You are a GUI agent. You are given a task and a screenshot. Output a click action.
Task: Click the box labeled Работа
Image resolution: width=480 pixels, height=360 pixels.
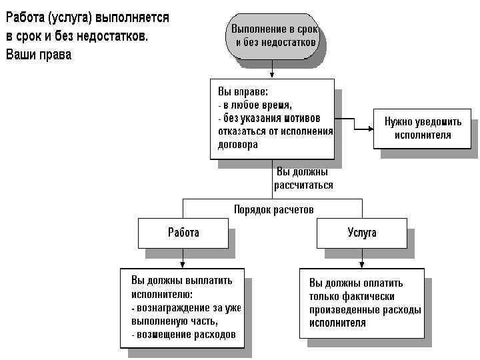click(183, 233)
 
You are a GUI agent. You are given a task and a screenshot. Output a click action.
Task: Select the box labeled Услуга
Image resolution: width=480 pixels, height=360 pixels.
click(361, 233)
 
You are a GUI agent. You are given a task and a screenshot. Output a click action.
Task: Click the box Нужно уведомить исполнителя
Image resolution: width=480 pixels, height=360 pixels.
click(422, 128)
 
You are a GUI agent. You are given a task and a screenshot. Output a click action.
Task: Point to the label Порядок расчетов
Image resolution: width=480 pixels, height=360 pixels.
click(273, 209)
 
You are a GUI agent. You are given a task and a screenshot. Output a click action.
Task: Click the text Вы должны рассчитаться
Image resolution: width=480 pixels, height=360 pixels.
click(302, 179)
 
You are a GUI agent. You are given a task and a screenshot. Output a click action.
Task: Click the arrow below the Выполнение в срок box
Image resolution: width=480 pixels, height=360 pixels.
click(271, 70)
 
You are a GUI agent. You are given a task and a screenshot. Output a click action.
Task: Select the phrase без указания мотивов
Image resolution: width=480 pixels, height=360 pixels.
click(266, 117)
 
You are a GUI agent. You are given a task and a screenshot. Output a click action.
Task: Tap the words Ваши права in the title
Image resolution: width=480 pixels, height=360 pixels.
click(38, 54)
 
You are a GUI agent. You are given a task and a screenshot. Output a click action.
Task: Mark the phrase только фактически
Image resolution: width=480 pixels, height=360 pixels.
click(353, 296)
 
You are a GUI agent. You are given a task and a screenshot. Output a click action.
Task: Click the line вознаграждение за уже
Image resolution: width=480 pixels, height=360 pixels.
click(186, 308)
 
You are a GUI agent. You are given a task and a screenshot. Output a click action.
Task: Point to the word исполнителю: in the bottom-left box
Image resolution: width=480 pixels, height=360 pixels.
click(162, 294)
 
